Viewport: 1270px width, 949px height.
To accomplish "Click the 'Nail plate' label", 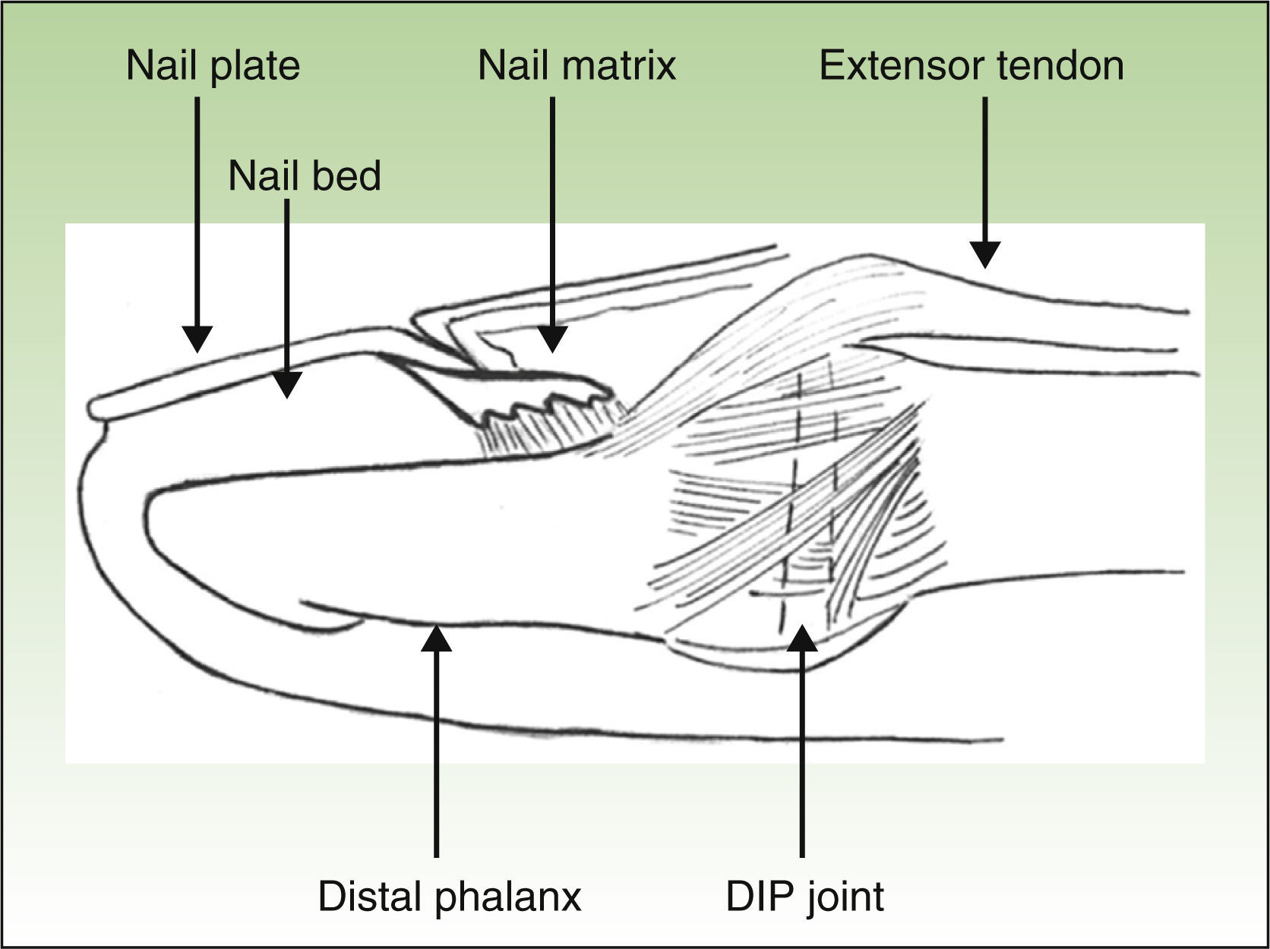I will [x=213, y=65].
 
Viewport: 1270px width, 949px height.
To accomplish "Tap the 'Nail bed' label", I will [x=304, y=176].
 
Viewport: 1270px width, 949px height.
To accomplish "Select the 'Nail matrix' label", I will [x=577, y=65].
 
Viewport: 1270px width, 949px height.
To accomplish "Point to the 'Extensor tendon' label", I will [x=971, y=65].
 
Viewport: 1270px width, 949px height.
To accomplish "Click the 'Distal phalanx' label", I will [x=449, y=897].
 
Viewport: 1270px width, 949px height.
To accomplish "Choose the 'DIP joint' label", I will [x=804, y=897].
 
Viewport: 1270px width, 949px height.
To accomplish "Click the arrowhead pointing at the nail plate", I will [x=197, y=339].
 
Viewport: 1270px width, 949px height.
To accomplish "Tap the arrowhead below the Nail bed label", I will [x=286, y=385].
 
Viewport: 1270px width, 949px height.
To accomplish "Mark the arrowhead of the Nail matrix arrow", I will [x=552, y=339].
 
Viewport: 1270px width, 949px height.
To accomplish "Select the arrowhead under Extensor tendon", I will [x=985, y=255].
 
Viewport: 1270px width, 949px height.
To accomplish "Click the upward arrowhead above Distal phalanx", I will [x=436, y=638].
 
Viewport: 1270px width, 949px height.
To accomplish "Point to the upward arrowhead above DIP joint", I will [x=802, y=638].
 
